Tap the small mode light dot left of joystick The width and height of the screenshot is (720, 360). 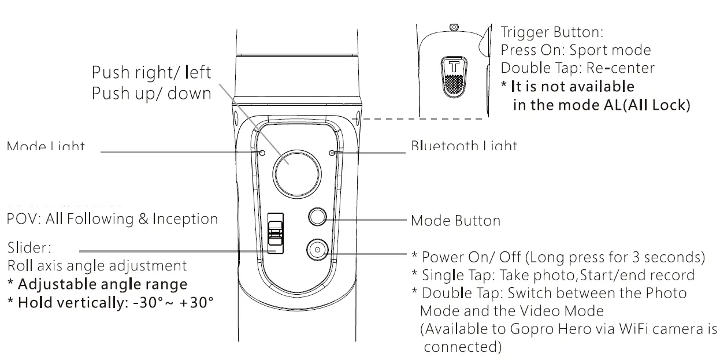point(263,153)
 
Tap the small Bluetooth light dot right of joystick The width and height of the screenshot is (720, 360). point(331,153)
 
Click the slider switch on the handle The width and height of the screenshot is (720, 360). point(276,232)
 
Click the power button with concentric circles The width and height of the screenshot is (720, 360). point(317,250)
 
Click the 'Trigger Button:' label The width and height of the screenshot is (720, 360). point(551,32)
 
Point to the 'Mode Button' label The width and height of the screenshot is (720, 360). point(455,221)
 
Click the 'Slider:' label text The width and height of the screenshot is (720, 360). point(29,248)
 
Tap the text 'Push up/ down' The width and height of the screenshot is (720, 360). point(151,94)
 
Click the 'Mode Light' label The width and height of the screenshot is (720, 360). point(46,146)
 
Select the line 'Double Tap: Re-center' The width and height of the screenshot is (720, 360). point(577,68)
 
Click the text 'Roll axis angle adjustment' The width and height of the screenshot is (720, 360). point(97,266)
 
